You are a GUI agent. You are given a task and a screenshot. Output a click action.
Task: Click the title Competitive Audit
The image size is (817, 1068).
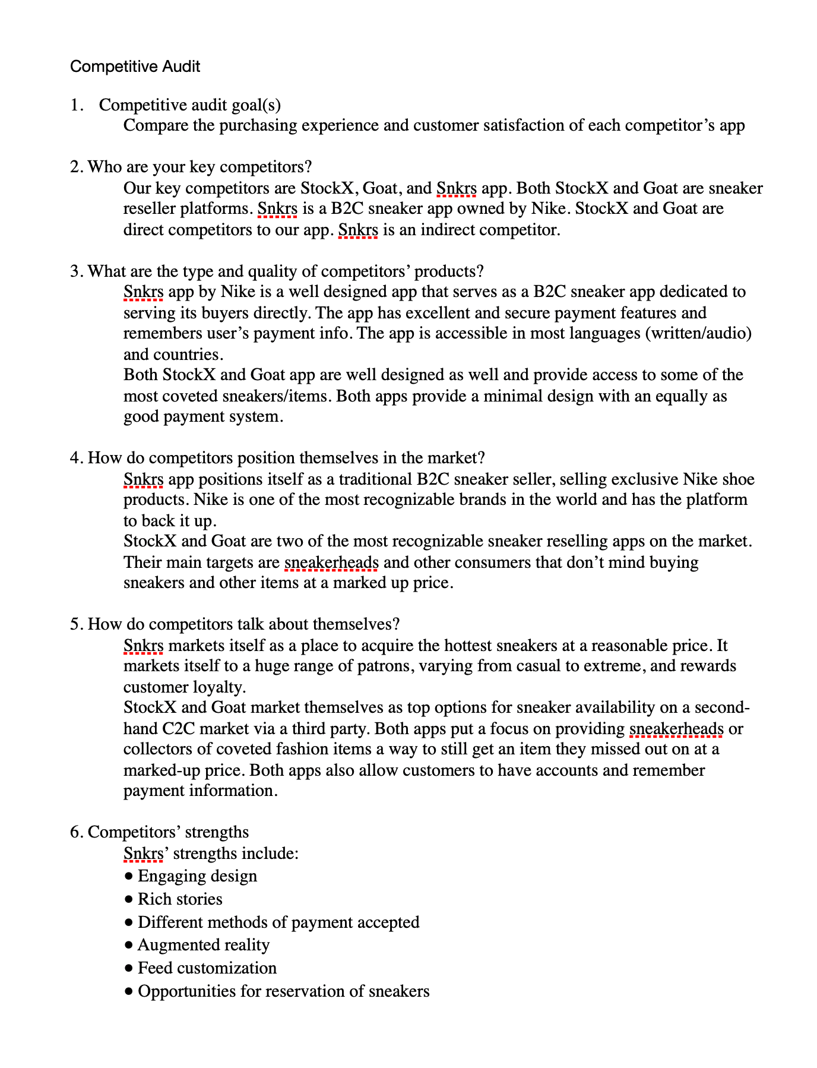point(135,67)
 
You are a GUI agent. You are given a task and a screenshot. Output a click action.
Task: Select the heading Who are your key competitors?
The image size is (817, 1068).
point(199,167)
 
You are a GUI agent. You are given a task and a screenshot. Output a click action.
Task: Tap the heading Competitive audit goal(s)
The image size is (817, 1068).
point(189,105)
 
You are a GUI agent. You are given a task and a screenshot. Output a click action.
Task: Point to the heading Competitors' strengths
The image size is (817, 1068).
point(168,832)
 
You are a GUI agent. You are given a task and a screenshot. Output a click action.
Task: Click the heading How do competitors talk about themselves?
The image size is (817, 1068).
point(243,624)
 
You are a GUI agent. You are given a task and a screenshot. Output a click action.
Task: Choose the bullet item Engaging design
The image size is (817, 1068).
point(197,876)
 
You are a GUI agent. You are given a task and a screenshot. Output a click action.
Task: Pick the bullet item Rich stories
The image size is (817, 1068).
point(180,899)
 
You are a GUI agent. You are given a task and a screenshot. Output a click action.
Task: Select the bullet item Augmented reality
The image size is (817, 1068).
point(203,945)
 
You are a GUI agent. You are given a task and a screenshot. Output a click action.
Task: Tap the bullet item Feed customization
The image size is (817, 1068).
point(207,968)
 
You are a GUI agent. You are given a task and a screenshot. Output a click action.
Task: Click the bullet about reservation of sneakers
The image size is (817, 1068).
point(283,991)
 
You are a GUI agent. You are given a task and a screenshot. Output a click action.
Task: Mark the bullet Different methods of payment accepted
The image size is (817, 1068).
point(278,922)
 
